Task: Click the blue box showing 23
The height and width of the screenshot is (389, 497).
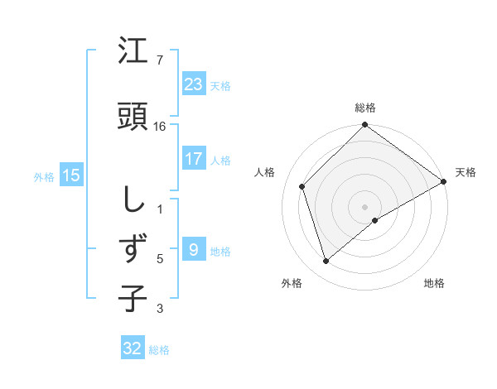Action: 193,84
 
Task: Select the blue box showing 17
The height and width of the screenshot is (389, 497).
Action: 193,159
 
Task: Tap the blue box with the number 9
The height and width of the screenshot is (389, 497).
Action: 193,250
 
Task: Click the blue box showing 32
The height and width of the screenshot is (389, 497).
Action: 133,348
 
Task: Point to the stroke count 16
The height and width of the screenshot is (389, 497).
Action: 160,127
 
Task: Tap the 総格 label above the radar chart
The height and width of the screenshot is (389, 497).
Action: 364,108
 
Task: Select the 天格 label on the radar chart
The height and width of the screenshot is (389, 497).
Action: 466,172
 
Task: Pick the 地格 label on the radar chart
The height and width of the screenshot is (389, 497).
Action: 434,283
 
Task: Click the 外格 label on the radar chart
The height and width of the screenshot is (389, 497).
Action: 292,283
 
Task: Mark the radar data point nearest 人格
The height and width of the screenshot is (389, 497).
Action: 302,186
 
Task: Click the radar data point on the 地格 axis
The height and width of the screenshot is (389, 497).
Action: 375,220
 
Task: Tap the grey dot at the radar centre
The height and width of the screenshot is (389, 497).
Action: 364,206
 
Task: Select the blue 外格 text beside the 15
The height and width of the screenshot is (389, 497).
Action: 44,176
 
